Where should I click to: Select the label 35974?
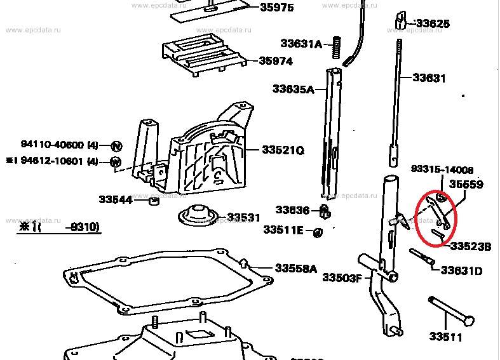(276, 62)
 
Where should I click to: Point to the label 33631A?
(302, 44)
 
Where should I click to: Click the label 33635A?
(294, 89)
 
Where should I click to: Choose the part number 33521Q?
(283, 150)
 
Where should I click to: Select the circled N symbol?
(116, 145)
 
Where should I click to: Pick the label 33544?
(115, 199)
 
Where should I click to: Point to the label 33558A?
(295, 269)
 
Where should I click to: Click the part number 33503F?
(342, 277)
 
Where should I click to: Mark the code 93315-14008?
(443, 170)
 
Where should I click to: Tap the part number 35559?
(466, 185)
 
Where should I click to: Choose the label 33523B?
(471, 246)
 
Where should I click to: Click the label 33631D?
(462, 270)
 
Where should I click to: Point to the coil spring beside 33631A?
(337, 44)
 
